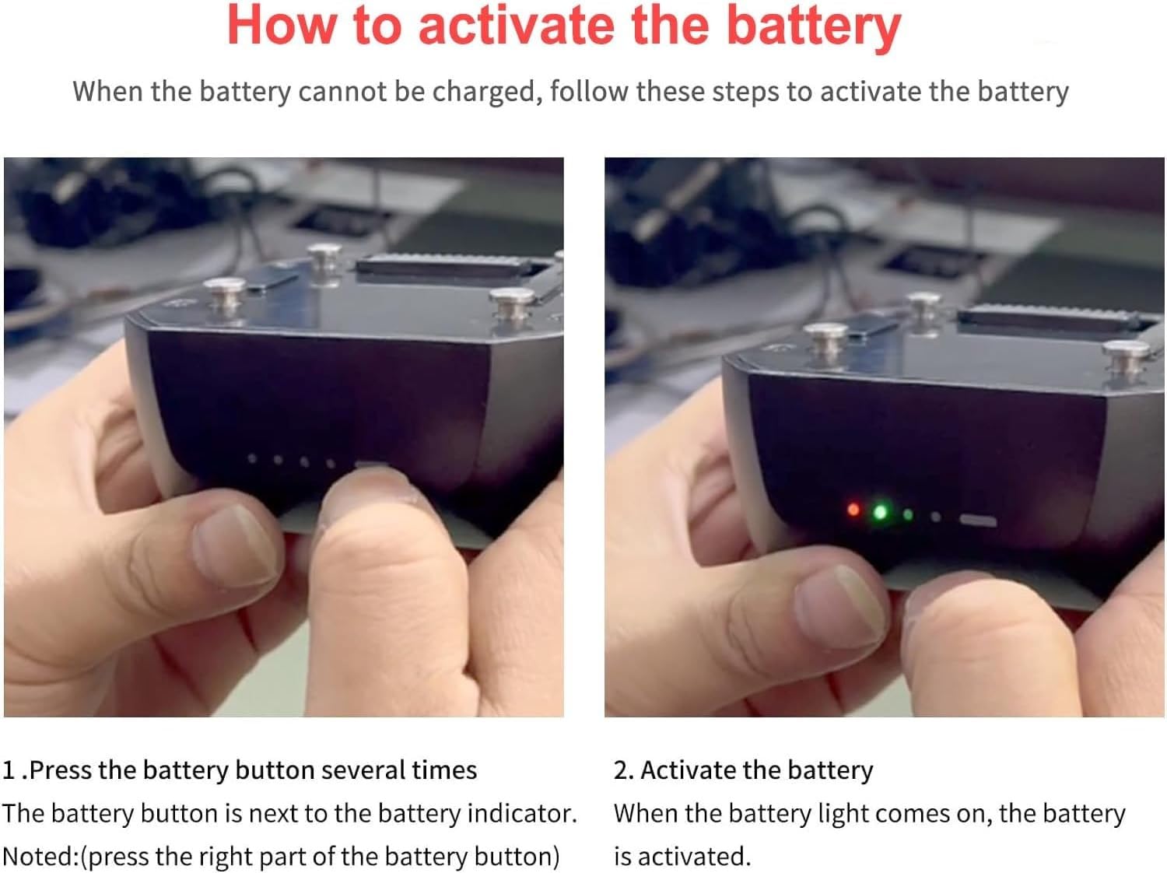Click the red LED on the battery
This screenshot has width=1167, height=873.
pyautogui.click(x=853, y=510)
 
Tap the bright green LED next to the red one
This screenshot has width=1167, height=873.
pyautogui.click(x=881, y=512)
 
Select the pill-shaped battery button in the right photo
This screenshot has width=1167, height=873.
pyautogui.click(x=978, y=521)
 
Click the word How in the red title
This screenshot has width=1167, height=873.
pyautogui.click(x=282, y=26)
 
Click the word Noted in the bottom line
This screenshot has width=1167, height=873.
pyautogui.click(x=40, y=857)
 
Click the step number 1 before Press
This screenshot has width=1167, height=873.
pyautogui.click(x=9, y=770)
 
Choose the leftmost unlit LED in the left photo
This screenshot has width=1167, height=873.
pyautogui.click(x=253, y=458)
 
